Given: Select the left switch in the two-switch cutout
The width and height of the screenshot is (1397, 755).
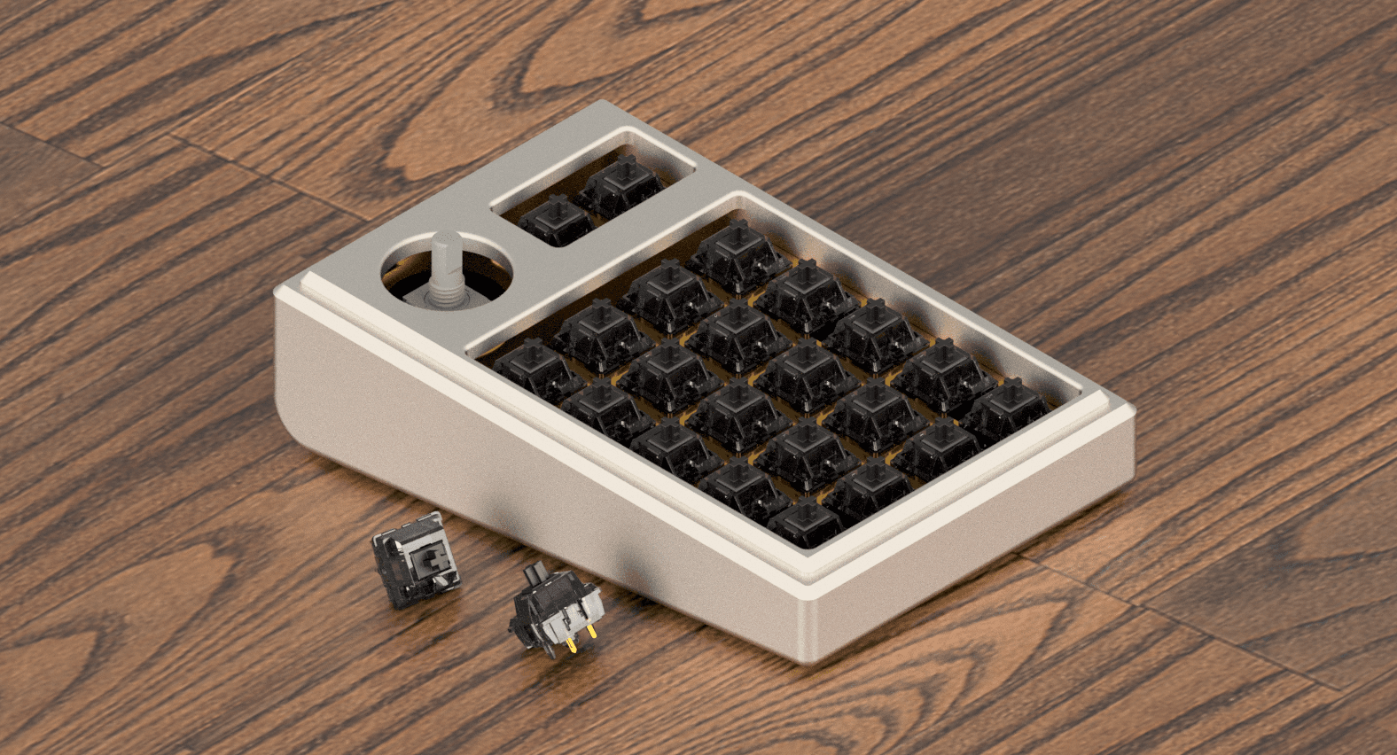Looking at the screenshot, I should (556, 220).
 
